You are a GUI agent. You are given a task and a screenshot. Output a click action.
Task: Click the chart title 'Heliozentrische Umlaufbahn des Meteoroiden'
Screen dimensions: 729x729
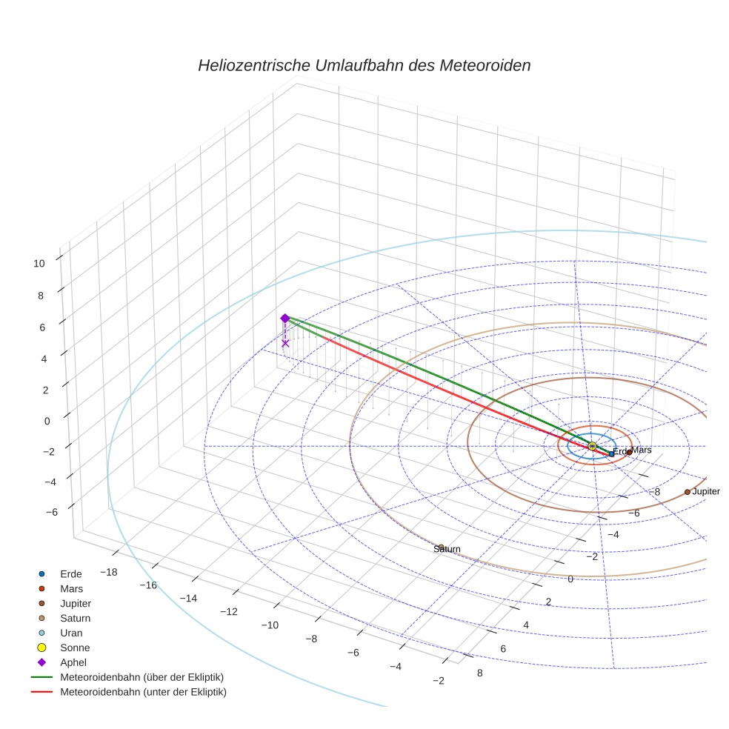(x=364, y=65)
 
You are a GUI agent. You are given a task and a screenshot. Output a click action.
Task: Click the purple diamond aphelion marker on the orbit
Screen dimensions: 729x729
(x=284, y=318)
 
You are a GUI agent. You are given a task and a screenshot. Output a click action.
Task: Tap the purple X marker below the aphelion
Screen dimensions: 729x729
(x=285, y=343)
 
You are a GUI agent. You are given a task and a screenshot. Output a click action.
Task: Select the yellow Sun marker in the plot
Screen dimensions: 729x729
(x=592, y=446)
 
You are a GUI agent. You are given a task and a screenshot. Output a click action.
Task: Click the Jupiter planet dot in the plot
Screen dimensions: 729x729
(x=688, y=492)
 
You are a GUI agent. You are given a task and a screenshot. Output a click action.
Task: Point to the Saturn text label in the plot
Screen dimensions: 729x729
(x=447, y=550)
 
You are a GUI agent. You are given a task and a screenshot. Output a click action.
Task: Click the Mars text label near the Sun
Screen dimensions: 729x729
(x=642, y=450)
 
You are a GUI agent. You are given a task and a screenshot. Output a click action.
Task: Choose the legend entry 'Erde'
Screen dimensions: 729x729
(x=71, y=573)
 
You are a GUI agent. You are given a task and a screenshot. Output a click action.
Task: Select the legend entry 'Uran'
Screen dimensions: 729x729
(x=71, y=633)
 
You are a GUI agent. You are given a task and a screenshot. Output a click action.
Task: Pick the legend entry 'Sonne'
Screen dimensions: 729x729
(x=75, y=648)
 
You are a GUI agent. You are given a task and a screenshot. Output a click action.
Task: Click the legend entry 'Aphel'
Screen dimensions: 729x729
(x=73, y=662)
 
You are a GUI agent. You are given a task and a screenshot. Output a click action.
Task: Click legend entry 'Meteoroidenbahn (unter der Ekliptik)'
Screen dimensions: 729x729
(x=143, y=692)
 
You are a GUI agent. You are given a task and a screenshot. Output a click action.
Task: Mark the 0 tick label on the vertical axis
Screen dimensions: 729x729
(x=47, y=420)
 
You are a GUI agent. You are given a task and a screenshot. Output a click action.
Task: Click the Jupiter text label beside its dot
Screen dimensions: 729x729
(x=706, y=492)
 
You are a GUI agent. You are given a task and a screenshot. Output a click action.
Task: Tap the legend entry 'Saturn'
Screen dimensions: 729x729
(x=76, y=618)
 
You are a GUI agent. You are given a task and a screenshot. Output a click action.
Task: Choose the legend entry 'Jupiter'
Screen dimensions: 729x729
(x=76, y=603)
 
